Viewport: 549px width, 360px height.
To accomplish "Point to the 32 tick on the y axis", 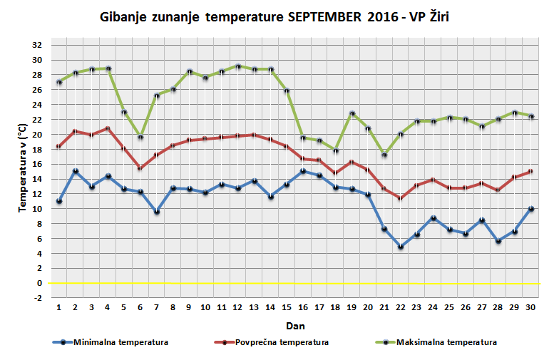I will coord(37,44).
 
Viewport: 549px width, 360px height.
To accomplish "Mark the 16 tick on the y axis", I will coord(37,164).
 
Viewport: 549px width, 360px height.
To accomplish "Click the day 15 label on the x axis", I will coord(287,308).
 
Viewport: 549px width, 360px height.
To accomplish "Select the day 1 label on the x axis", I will coord(59,308).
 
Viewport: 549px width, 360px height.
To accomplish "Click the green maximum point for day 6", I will coord(141,137).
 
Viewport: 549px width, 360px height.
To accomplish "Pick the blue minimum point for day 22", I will coord(401,247).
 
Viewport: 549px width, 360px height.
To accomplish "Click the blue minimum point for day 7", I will coord(157,212).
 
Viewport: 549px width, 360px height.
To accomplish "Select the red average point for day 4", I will coord(108,129).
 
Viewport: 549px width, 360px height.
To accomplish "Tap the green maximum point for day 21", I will coord(385,155).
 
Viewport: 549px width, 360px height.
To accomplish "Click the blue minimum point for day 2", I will coord(76,171).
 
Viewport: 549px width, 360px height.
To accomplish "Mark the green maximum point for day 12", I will coord(239,66).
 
